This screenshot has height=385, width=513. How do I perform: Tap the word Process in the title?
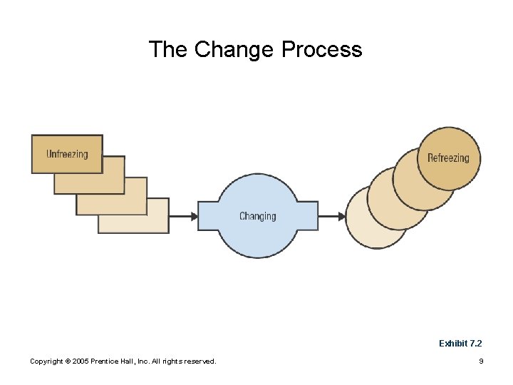pos(322,50)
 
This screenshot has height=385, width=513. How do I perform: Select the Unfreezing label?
pos(67,154)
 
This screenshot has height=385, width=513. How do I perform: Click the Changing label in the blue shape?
pos(257,216)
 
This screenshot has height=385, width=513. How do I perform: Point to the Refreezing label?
pos(448,158)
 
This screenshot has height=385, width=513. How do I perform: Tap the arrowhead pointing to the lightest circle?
pos(341,216)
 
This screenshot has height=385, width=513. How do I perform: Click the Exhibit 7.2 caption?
pos(460,344)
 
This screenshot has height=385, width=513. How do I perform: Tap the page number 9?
pos(481,361)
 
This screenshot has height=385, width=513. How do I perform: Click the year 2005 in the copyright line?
pos(83,361)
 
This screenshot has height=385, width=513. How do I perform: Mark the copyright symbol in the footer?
pos(69,361)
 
